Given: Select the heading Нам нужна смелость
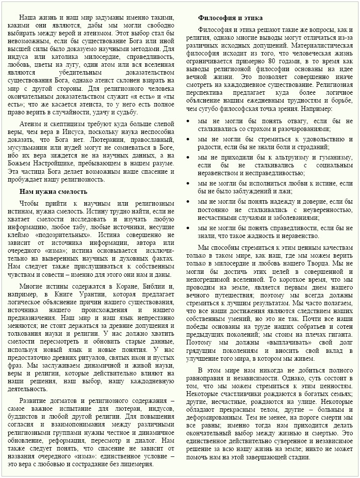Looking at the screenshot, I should click(53, 191).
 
